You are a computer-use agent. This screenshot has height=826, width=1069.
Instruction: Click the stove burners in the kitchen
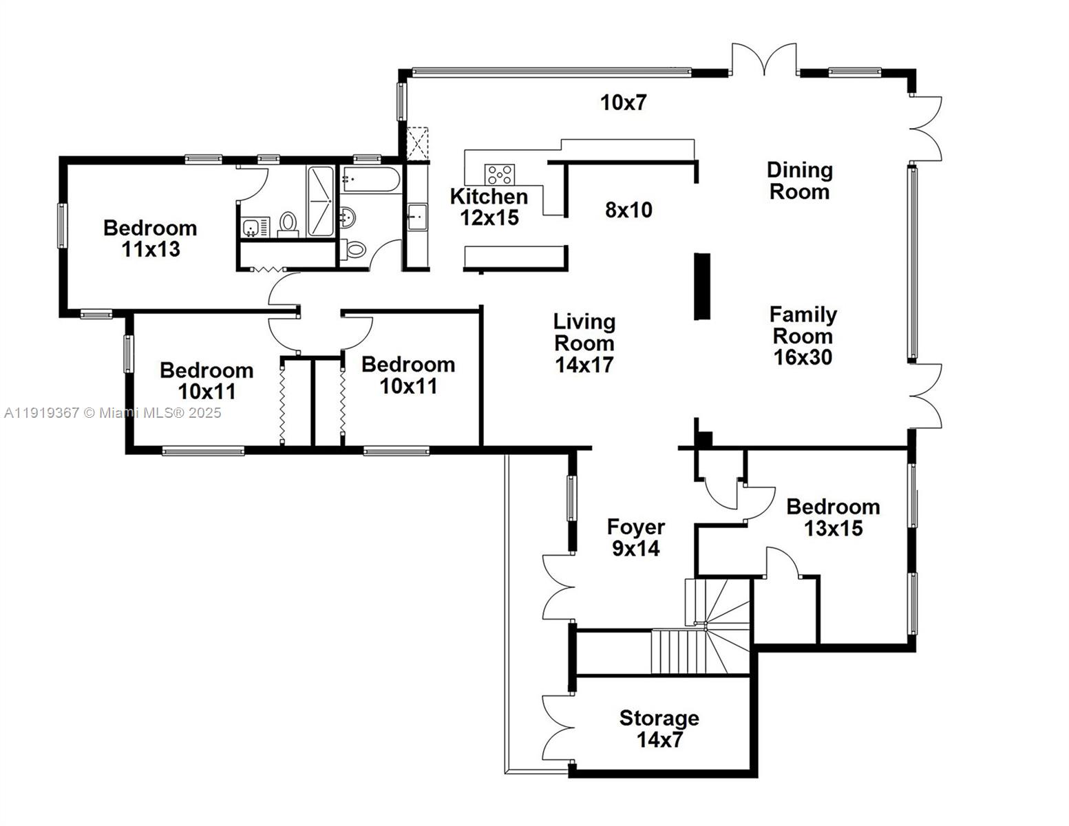click(x=499, y=173)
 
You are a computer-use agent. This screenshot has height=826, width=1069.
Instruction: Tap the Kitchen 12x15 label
click(x=489, y=207)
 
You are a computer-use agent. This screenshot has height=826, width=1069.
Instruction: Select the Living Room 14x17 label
click(x=584, y=343)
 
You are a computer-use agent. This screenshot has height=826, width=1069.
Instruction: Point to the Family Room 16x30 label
click(x=803, y=336)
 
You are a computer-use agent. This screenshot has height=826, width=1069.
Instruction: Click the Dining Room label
click(x=799, y=180)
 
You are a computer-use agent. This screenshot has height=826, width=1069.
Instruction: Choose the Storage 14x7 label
click(x=659, y=729)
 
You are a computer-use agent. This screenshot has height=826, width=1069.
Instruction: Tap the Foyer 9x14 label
click(x=635, y=538)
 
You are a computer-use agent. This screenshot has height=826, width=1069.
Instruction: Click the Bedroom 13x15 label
click(x=833, y=518)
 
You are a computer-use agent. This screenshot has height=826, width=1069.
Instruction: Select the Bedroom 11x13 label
click(x=150, y=238)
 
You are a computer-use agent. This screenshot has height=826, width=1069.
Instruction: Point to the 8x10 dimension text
click(x=628, y=210)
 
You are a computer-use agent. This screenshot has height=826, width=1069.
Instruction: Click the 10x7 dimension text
click(x=624, y=103)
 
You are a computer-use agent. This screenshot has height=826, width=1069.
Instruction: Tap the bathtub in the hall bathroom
click(x=370, y=180)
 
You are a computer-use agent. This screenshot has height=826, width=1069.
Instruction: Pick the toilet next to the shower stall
click(x=288, y=223)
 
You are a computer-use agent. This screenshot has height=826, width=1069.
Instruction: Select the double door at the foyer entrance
click(x=559, y=587)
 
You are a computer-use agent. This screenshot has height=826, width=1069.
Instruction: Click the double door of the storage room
click(x=558, y=727)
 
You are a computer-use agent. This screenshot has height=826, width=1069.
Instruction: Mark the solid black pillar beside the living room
click(x=701, y=286)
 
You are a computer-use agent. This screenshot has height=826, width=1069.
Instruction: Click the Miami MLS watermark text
click(x=113, y=413)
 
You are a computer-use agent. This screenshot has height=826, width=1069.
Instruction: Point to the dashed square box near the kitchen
click(x=417, y=143)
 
